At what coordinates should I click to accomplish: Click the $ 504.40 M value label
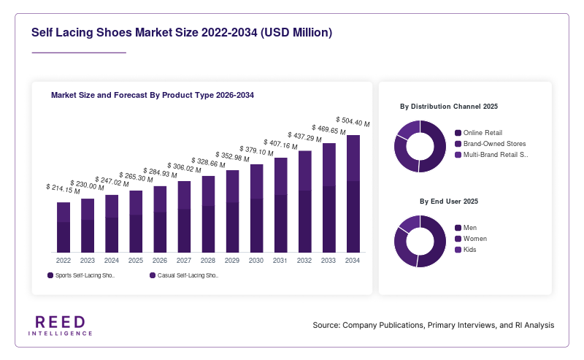(353, 121)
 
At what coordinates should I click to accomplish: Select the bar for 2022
(64, 227)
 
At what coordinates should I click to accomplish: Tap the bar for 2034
(353, 194)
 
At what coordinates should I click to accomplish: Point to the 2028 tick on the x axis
(208, 261)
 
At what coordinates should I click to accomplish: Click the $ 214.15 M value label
(63, 189)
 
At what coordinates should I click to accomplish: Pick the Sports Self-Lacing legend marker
(50, 275)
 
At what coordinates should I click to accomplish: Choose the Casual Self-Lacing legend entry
(184, 275)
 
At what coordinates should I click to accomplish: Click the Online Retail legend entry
(479, 133)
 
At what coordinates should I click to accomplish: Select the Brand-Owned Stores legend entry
(491, 144)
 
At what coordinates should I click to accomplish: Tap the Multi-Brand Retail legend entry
(491, 155)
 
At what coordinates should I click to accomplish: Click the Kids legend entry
(466, 250)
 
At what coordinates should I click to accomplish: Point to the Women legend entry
(471, 239)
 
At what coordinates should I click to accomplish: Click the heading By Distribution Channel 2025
(449, 107)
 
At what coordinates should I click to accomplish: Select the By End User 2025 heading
(449, 202)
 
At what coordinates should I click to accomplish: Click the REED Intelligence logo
(61, 326)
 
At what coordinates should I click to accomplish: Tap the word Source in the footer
(326, 326)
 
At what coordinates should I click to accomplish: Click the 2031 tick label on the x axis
(280, 261)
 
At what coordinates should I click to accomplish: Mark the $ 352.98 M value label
(232, 157)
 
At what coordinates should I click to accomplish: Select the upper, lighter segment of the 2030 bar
(257, 182)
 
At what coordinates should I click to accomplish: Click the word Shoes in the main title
(115, 32)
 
